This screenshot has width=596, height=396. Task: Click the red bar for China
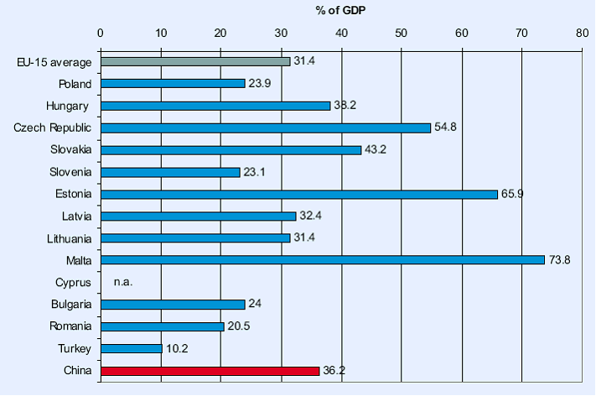coord(210,370)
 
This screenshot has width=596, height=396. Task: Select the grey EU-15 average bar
coord(195,61)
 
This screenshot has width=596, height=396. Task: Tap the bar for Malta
coord(323,260)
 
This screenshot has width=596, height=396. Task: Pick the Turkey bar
coord(131,348)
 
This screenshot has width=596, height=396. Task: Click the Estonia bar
coord(299,194)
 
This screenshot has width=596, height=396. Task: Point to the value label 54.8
coord(446,128)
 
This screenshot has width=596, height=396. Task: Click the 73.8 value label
coord(560,260)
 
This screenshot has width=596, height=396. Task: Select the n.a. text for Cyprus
coord(124,283)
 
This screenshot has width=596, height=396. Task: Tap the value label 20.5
coord(240,326)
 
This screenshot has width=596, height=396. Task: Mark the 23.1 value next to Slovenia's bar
coord(256,172)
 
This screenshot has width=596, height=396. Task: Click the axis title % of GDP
coord(340,11)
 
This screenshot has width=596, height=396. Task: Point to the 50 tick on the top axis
coord(402,34)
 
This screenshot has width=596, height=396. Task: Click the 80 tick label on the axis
coord(582,34)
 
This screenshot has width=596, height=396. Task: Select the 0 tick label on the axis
coord(101,34)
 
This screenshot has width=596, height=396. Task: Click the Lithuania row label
coord(68,238)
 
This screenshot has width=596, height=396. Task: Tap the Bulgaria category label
coord(69,304)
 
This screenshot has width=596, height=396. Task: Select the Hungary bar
coord(215,106)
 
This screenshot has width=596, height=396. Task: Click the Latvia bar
coord(198,216)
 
